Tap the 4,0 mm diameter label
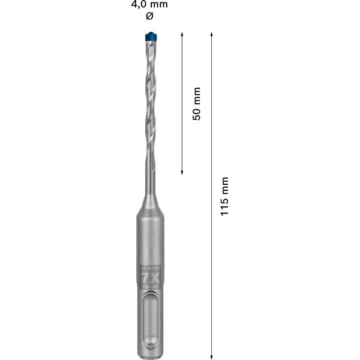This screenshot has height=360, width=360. tap(149, 5)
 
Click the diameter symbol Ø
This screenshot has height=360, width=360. tap(149, 16)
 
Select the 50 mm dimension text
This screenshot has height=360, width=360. tap(196, 103)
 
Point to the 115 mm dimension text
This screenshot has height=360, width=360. tap(224, 197)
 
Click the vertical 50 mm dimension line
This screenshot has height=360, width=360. tap(182, 138)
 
